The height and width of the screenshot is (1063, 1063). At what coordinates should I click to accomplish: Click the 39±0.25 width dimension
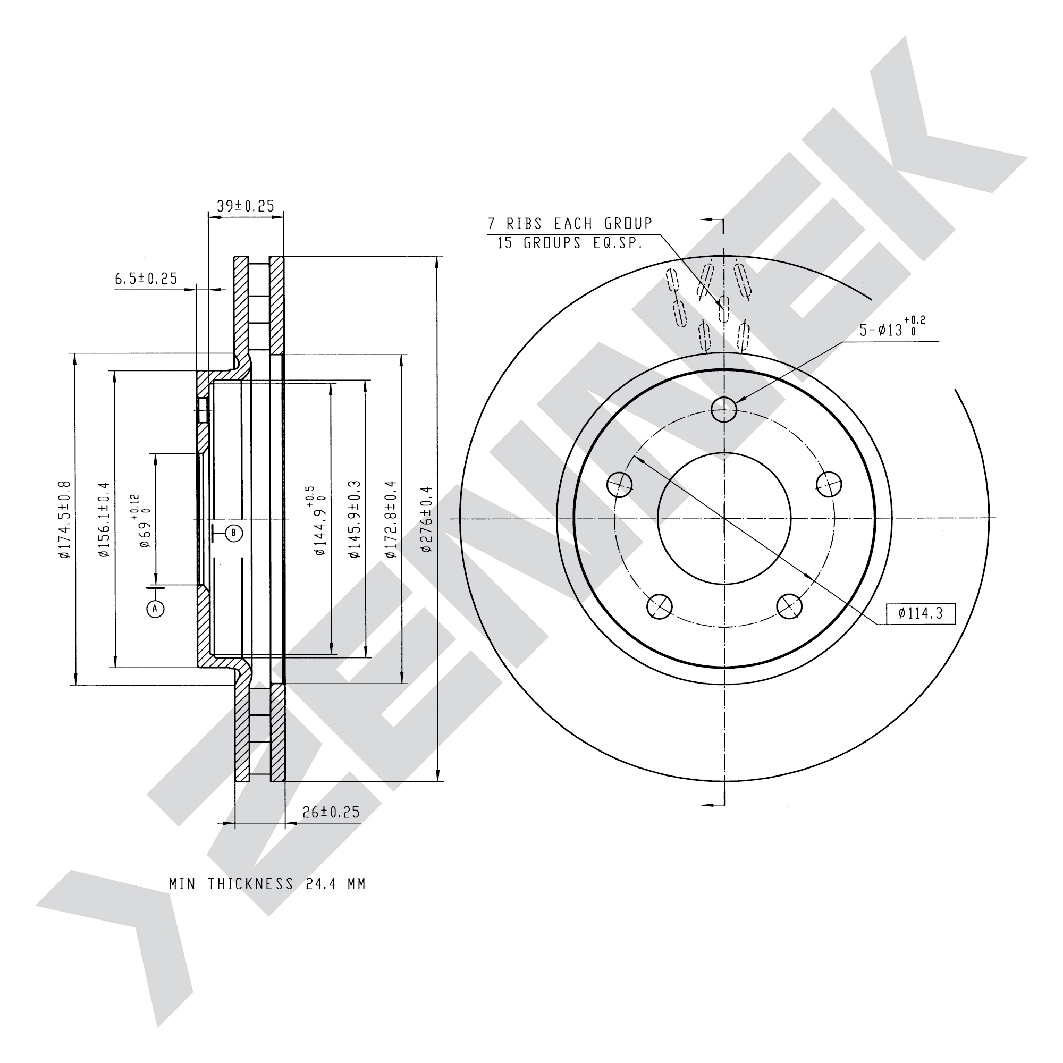coord(246,206)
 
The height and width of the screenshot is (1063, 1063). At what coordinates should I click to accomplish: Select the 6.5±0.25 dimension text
coord(146,279)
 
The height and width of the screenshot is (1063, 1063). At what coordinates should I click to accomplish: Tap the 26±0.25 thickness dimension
coord(331,812)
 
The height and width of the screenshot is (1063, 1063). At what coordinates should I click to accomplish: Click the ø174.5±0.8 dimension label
coord(64,519)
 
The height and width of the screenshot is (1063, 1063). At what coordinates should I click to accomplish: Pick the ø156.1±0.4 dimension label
coord(104,519)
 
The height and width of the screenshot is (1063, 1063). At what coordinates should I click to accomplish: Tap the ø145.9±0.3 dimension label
coord(355,519)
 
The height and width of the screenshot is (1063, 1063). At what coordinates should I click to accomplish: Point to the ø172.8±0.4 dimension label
coord(390,519)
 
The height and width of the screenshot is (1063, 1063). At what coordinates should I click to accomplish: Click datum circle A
coord(156,609)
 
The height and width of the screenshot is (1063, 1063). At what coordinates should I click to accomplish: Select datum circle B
coord(234,533)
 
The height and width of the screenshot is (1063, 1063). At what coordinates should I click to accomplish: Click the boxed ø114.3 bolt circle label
coord(921,613)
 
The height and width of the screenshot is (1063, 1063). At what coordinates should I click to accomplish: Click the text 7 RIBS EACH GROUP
coord(570,224)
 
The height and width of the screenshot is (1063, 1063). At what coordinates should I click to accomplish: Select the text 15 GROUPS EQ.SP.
coord(569,243)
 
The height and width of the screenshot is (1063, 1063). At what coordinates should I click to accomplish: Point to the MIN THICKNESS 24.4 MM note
coord(267,884)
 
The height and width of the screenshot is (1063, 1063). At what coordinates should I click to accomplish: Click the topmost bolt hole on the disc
coord(723,409)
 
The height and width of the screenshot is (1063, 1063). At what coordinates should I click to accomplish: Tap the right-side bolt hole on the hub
coord(829,484)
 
